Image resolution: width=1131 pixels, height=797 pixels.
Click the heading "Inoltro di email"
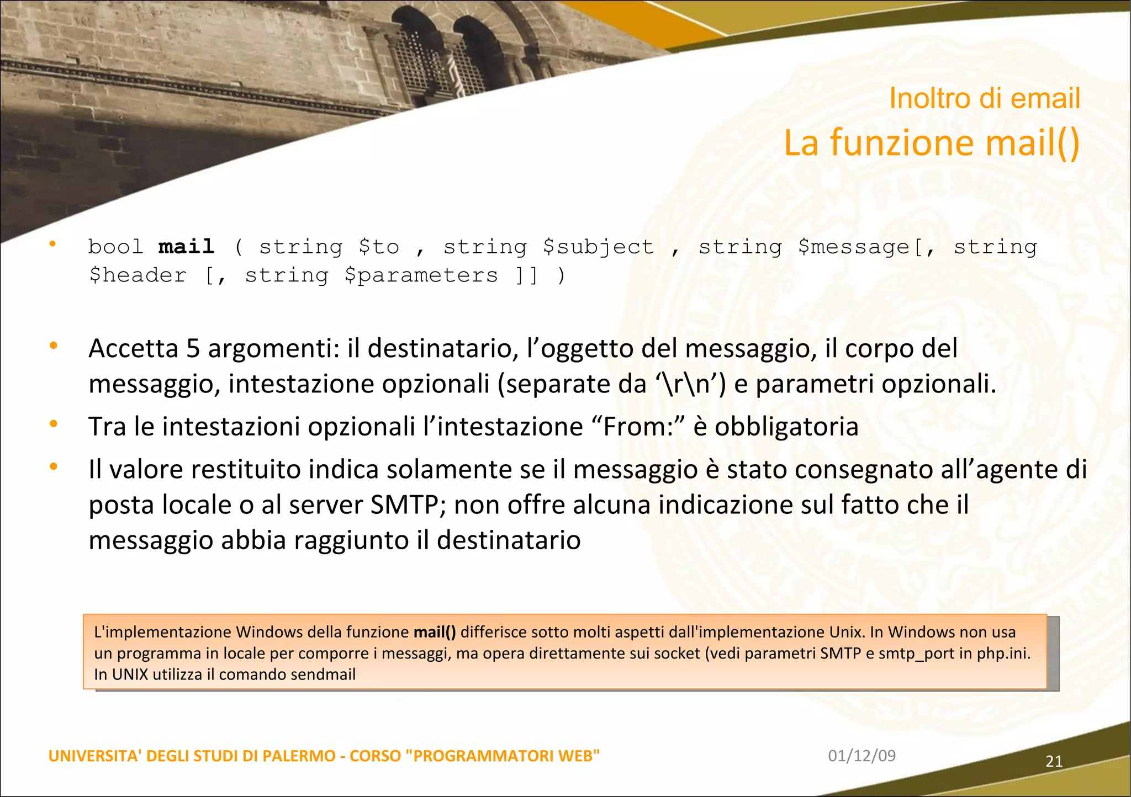[984, 99]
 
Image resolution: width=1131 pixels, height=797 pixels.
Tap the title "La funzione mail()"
[932, 142]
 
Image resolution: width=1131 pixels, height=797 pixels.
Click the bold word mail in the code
[186, 246]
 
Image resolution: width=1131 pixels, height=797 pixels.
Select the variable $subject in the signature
[598, 247]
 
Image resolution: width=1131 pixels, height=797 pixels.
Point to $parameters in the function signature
[421, 275]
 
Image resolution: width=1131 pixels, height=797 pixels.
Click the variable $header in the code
[138, 275]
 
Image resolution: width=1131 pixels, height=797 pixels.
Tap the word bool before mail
[115, 246]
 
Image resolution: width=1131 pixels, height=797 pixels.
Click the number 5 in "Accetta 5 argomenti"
[193, 349]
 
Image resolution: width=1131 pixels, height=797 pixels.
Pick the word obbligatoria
[786, 427]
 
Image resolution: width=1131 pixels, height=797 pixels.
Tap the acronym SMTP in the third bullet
[404, 504]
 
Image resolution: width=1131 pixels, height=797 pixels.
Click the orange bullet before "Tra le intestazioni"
[54, 424]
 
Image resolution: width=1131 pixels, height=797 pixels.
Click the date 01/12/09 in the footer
[862, 756]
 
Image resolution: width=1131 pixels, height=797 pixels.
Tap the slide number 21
[1054, 762]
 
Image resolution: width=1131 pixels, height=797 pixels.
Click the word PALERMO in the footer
[299, 756]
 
